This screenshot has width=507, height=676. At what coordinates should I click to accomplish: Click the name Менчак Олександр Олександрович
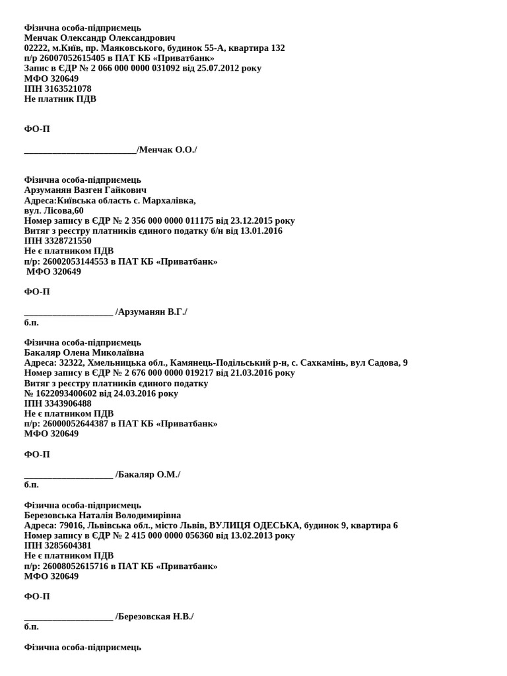(x=100, y=38)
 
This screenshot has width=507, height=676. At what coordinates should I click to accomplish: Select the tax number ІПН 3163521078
(x=58, y=88)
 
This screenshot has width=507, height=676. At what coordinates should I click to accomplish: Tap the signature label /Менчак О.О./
(x=167, y=150)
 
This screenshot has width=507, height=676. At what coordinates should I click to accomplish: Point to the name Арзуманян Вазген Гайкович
(x=85, y=190)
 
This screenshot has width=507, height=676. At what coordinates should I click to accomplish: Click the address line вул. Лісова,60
(x=54, y=211)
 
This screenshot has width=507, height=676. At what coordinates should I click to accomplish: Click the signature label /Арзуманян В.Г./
(x=151, y=312)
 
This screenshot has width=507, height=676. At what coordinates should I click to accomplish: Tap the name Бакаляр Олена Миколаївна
(x=84, y=353)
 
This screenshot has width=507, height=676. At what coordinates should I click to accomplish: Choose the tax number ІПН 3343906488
(x=58, y=403)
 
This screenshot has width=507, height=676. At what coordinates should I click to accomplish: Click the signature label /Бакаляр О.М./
(x=148, y=475)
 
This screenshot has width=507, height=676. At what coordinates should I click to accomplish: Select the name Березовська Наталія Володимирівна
(x=102, y=515)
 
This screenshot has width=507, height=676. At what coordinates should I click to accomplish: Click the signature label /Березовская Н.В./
(x=154, y=617)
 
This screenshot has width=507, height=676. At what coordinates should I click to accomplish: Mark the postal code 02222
(x=36, y=48)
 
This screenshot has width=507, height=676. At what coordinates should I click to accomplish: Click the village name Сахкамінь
(x=323, y=362)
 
